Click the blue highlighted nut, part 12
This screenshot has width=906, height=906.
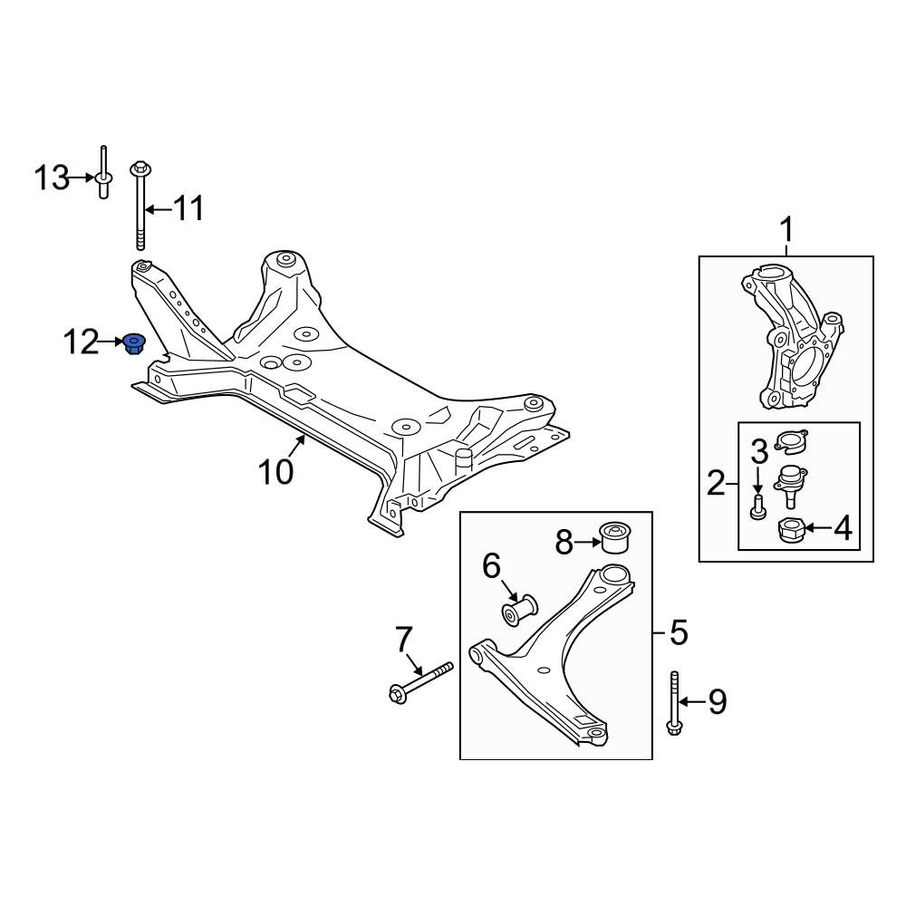tap(135, 344)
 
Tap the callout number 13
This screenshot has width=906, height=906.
tap(52, 178)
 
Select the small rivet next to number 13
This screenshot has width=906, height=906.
tap(103, 172)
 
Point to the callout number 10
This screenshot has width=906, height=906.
tap(275, 471)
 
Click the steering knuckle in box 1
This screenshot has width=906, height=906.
tap(791, 336)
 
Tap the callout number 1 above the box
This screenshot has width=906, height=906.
tap(787, 230)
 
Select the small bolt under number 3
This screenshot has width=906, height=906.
tap(757, 506)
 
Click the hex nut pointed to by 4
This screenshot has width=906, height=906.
tap(789, 530)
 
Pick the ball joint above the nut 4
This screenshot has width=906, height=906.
tap(790, 486)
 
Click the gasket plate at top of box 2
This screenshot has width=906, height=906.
tap(791, 441)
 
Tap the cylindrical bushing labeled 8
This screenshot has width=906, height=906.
tap(616, 536)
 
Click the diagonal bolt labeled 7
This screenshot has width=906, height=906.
tap(421, 682)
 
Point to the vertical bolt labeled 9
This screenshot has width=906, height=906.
tap(673, 703)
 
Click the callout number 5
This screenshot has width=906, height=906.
tap(679, 632)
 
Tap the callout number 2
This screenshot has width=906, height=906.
tap(716, 483)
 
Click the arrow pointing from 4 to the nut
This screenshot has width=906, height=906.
tap(815, 527)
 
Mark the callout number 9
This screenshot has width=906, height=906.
tap(717, 702)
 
